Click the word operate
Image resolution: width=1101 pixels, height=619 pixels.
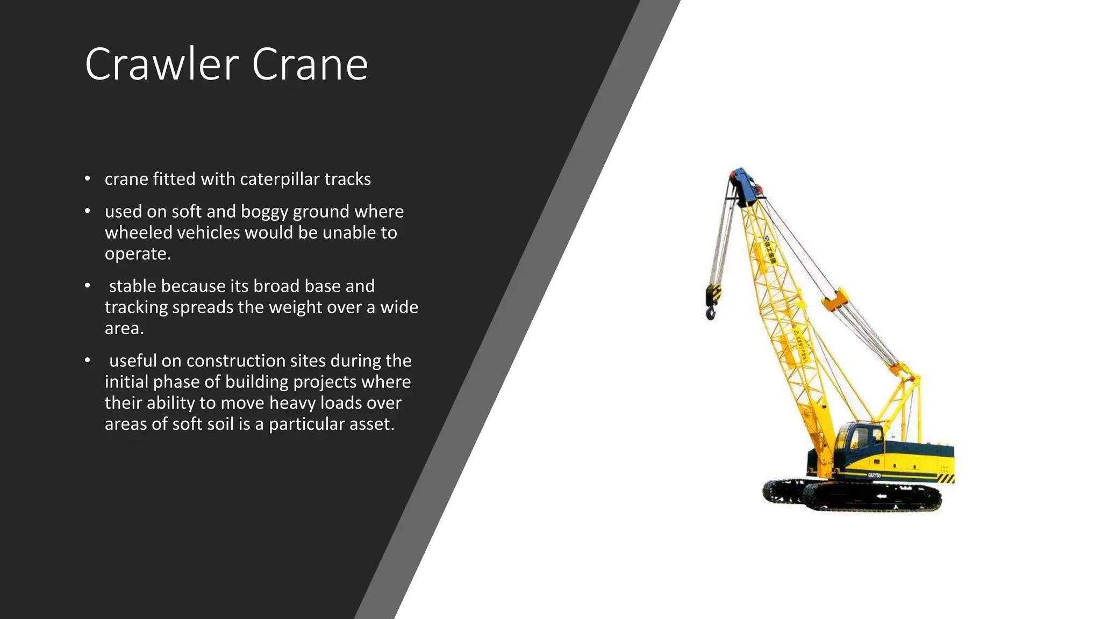click(137, 254)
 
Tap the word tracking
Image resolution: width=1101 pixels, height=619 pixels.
click(136, 307)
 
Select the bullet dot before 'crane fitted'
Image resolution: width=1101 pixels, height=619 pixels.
click(88, 178)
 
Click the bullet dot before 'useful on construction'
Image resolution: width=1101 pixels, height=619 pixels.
click(88, 360)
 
